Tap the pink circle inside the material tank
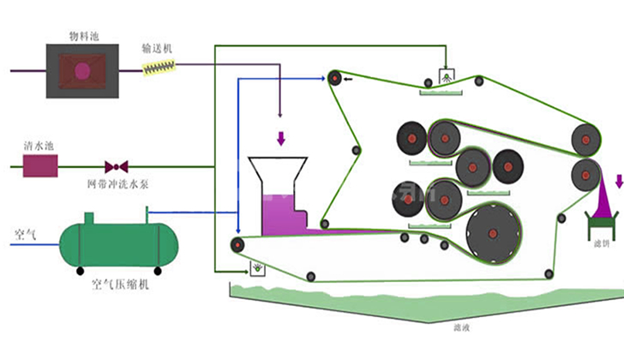[x=81, y=71]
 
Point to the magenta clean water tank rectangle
[x=39, y=165]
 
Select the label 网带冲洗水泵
[x=116, y=183]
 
